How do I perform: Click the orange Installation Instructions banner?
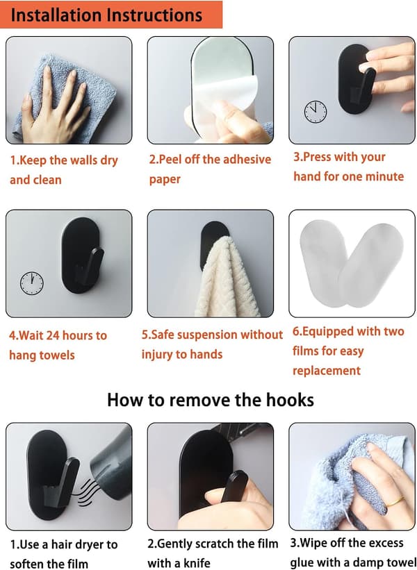[111, 15]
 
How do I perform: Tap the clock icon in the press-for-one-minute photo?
[315, 112]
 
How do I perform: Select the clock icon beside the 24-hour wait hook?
[32, 283]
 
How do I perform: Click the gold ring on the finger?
[395, 502]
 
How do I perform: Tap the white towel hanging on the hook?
[227, 277]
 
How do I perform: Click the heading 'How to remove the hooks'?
[211, 400]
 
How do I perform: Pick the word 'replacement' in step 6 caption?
[327, 371]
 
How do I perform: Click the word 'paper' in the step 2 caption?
[165, 180]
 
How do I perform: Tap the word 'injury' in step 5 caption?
[157, 355]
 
